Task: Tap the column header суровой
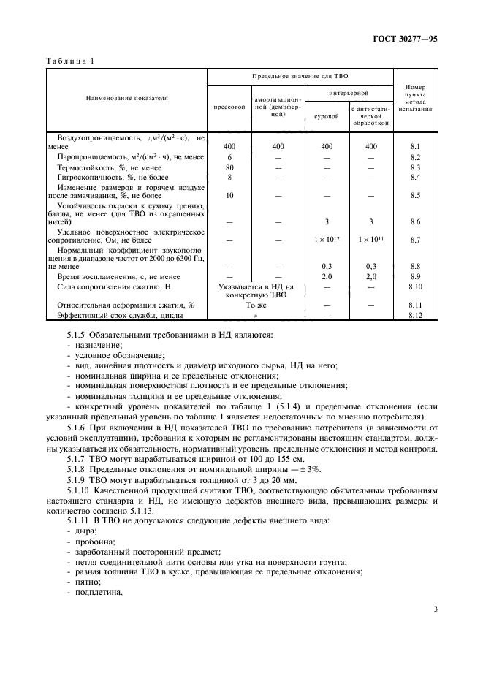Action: click(327, 115)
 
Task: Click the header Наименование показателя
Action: click(126, 96)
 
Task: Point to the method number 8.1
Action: click(416, 146)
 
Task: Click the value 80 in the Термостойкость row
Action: click(229, 167)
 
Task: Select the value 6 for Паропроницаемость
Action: click(229, 157)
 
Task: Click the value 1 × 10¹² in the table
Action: click(327, 239)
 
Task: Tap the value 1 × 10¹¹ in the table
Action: click(371, 239)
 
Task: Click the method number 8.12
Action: click(416, 315)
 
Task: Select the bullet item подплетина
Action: click(94, 593)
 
